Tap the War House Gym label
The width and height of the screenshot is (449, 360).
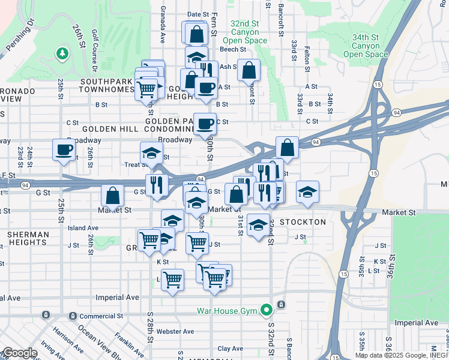click(227, 310)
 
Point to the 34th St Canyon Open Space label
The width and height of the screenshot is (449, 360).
click(366, 46)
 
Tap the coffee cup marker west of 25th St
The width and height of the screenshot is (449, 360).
click(64, 150)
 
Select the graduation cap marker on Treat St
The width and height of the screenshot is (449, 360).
click(151, 153)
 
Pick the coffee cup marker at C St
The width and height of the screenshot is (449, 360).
click(205, 124)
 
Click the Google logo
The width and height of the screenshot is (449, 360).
click(19, 353)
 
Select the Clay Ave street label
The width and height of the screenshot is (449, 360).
click(230, 348)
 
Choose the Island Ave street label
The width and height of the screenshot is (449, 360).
click(83, 228)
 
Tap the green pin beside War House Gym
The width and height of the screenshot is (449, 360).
click(266, 310)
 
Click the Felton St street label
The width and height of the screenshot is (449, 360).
click(306, 58)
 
